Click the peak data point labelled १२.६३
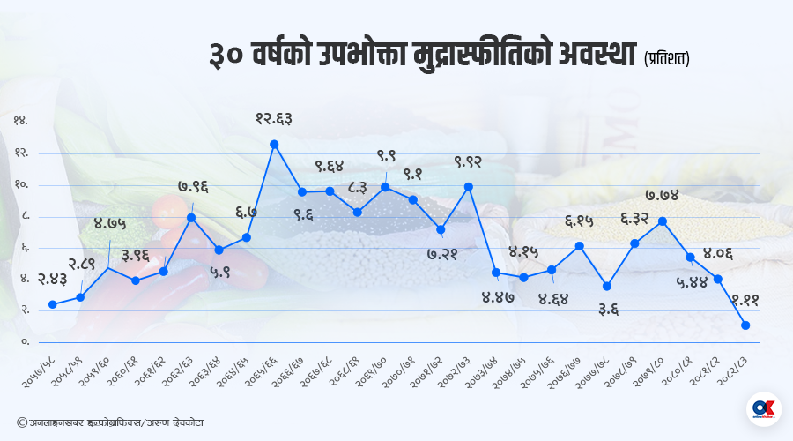[x=274, y=144]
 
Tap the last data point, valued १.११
[x=745, y=325]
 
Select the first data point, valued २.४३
[x=53, y=304]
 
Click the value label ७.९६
[x=193, y=187]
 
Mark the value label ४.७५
[x=109, y=223]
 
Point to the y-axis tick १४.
[x=20, y=122]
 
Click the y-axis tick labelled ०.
[x=25, y=341]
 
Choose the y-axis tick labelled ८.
[x=24, y=216]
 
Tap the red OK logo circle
[x=763, y=409]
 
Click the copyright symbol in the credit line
[x=21, y=422]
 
